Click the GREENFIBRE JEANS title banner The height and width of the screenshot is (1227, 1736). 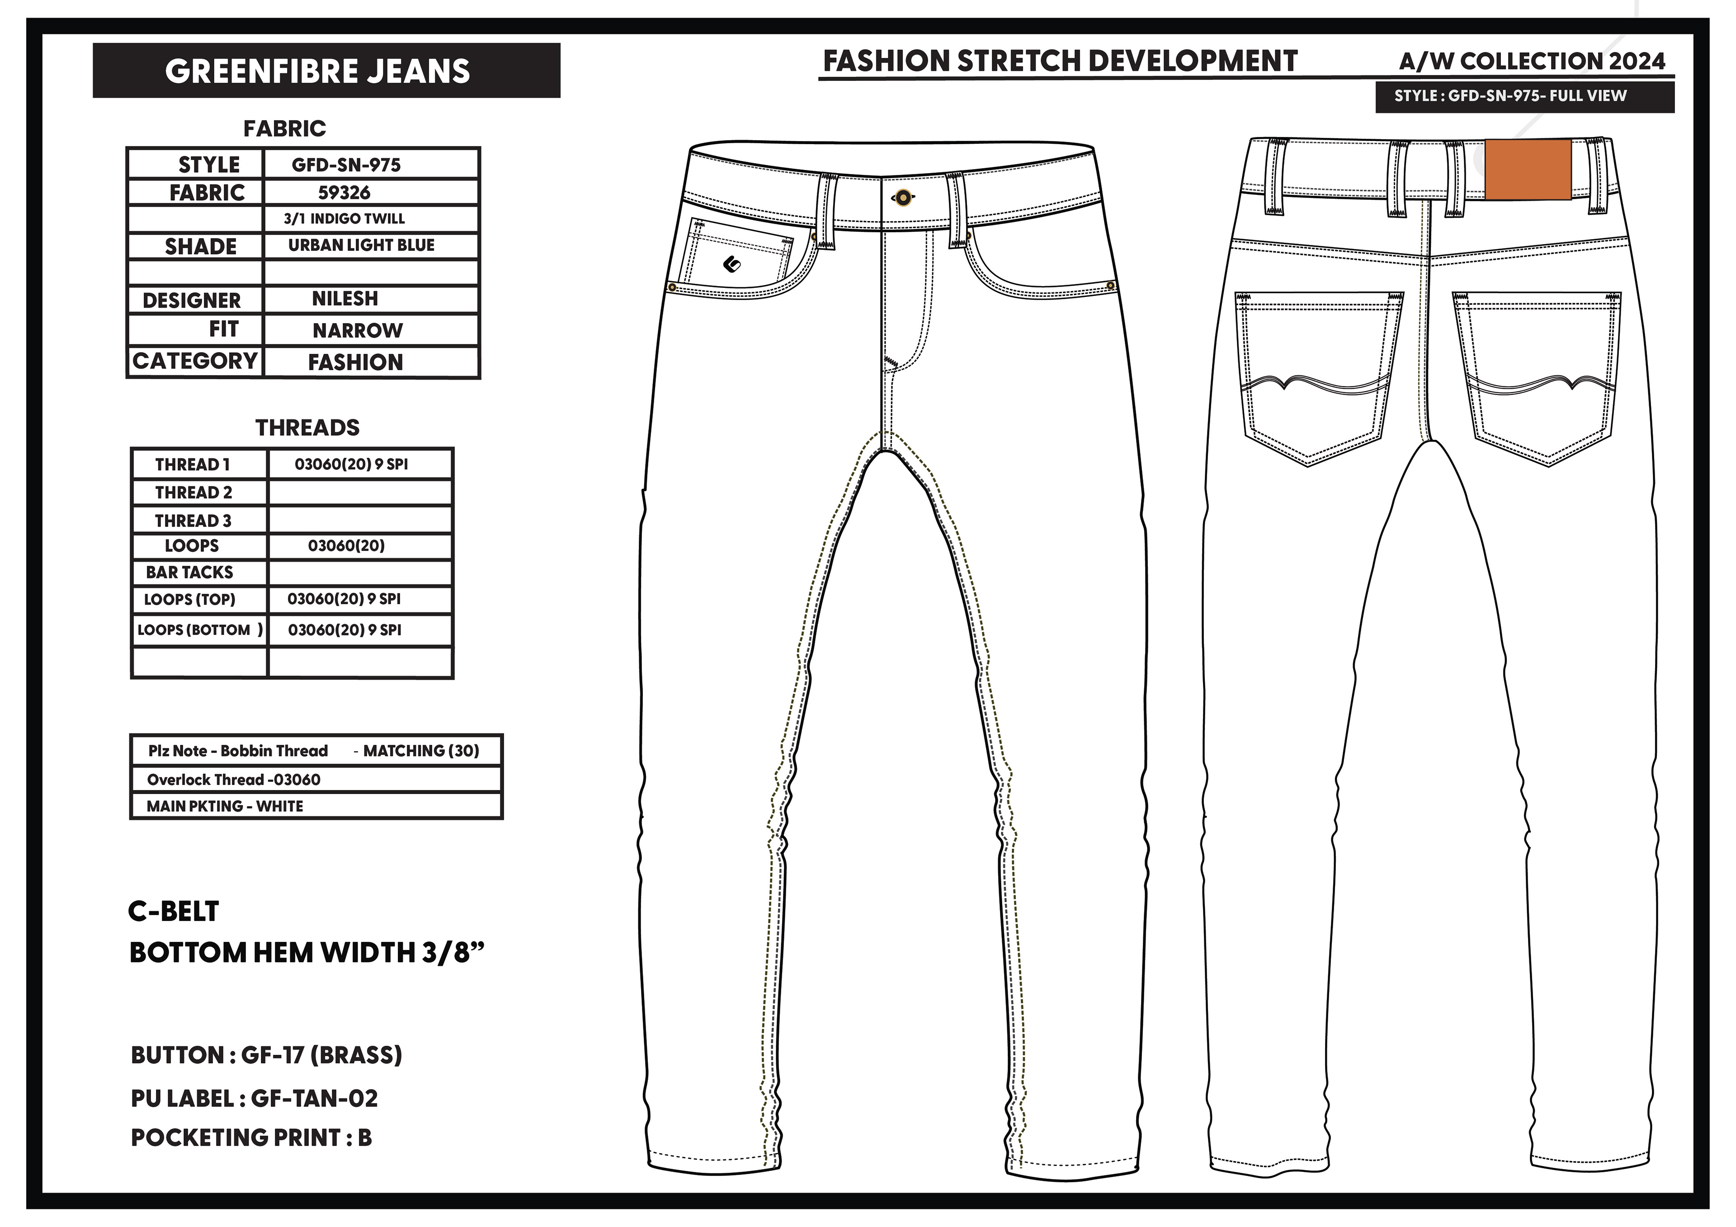tap(326, 71)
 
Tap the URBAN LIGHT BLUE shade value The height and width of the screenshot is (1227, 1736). tap(361, 245)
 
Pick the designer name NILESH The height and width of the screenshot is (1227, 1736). tap(345, 299)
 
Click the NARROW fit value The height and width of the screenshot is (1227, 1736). tap(358, 330)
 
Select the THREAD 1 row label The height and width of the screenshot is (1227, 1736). tap(192, 464)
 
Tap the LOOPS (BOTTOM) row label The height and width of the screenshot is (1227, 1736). tap(200, 630)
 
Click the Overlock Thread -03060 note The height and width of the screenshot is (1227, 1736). tap(234, 780)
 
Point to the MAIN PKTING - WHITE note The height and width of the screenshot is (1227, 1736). tap(225, 806)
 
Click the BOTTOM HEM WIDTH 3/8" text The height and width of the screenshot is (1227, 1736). tap(306, 953)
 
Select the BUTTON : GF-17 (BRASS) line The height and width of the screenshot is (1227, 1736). tap(266, 1055)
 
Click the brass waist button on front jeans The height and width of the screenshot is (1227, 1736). tap(902, 198)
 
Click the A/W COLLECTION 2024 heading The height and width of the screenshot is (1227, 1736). tap(1532, 61)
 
